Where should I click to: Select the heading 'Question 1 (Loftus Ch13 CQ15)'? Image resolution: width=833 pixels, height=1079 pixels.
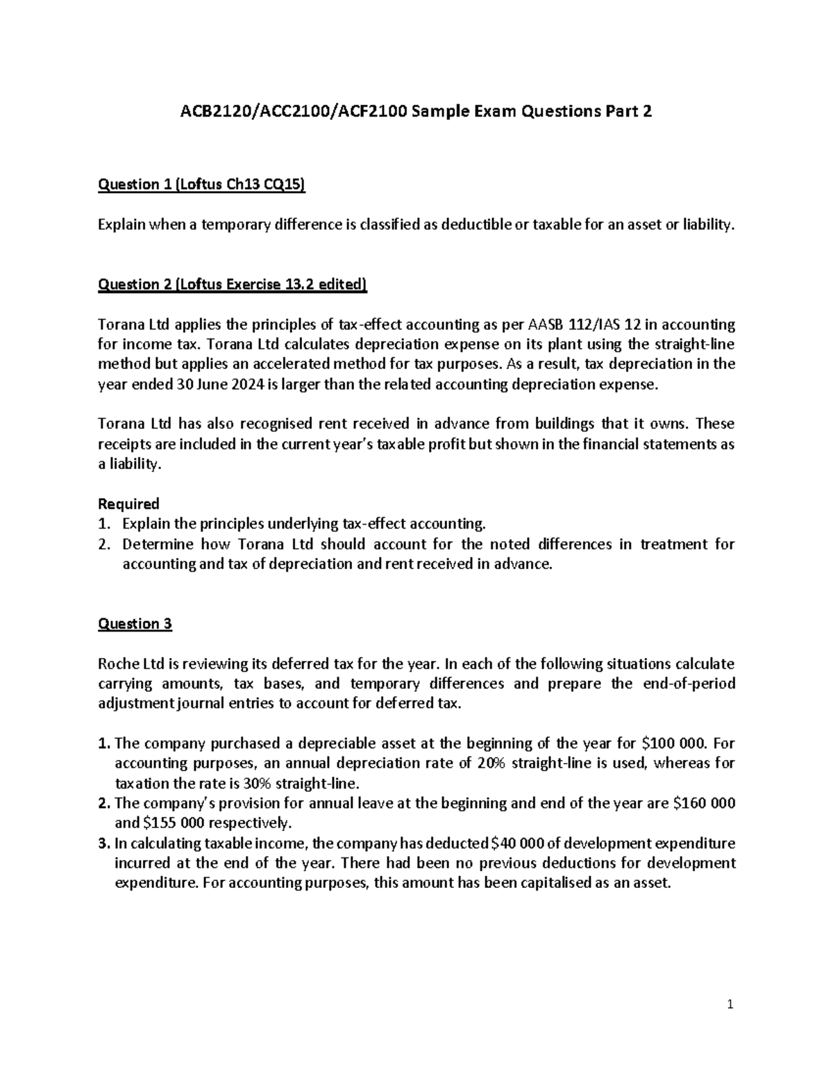click(201, 184)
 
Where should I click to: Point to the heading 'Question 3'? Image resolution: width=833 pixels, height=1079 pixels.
click(135, 624)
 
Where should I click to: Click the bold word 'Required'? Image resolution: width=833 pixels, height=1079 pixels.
click(128, 504)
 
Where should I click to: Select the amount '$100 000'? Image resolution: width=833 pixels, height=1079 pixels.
click(674, 743)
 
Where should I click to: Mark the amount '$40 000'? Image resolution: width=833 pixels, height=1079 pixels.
click(516, 843)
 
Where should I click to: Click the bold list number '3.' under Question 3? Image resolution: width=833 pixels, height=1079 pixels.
click(103, 843)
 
